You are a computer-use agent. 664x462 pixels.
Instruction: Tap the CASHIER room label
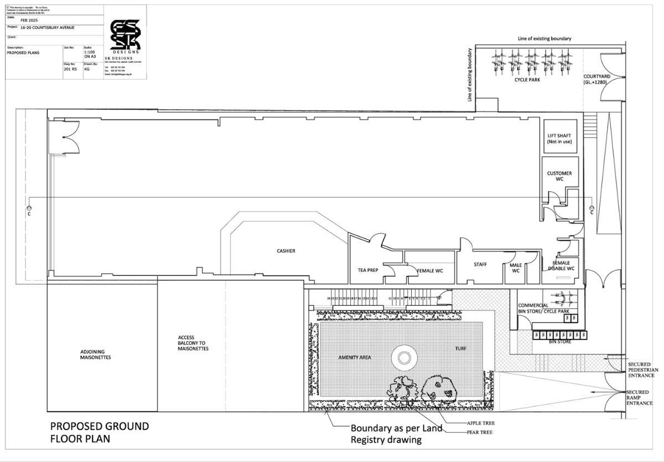coord(286,251)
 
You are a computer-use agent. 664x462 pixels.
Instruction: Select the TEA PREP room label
coord(368,270)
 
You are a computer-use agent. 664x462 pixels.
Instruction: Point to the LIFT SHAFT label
coord(559,138)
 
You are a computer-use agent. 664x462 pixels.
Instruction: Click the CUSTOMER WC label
coord(559,177)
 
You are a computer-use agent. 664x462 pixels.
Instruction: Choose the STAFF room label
coord(480,264)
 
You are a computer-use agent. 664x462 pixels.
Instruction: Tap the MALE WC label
coord(516,268)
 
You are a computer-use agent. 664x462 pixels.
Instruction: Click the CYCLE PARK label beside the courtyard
coord(527,80)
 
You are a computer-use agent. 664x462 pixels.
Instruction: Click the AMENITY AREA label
coord(355,357)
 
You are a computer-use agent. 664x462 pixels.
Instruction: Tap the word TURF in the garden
coord(461,348)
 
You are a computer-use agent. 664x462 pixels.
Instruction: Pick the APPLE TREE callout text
coord(481,423)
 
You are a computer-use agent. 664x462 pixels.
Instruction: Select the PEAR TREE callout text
coord(479,432)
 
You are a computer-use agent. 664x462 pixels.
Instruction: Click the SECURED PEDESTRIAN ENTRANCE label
coord(642,369)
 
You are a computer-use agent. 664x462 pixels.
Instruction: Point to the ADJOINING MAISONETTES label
coord(96,355)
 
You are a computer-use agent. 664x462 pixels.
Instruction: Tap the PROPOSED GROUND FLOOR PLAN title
coord(100,432)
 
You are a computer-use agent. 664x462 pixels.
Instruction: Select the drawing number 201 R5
coord(70,69)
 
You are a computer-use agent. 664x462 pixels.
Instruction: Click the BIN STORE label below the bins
coord(560,341)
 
